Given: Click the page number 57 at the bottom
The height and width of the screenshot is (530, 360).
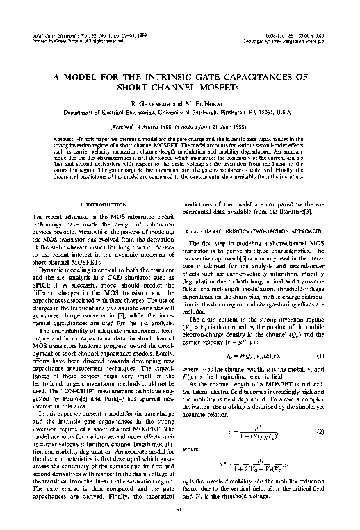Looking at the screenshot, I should coord(180,509).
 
